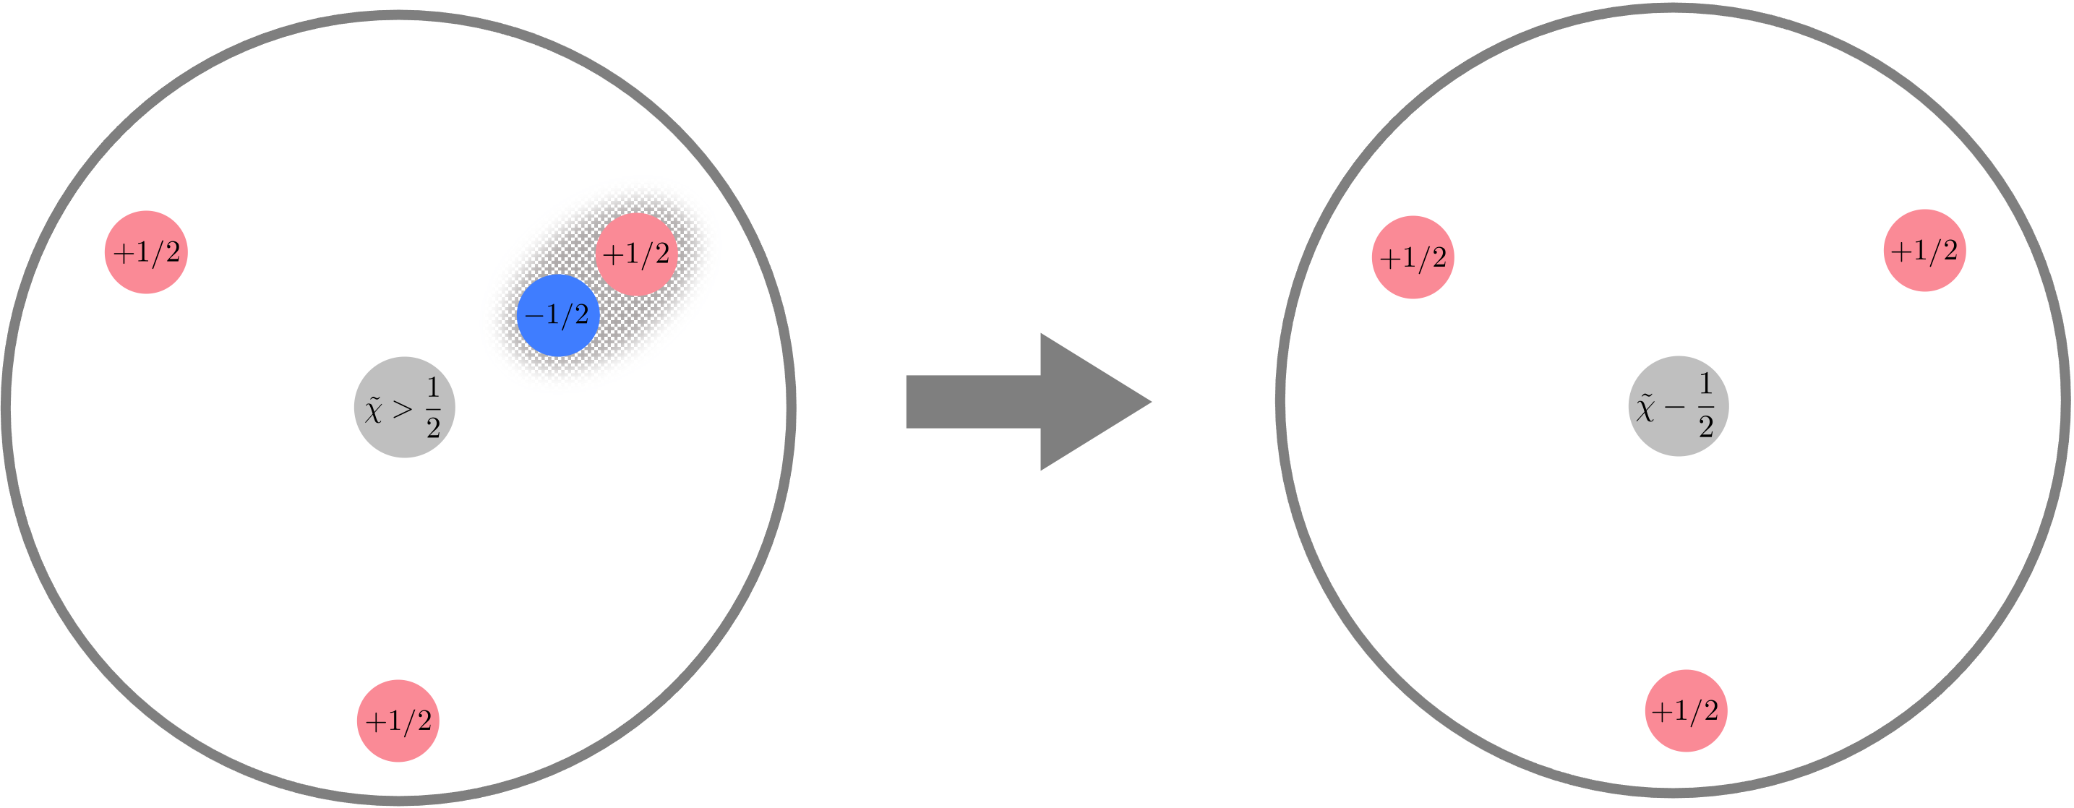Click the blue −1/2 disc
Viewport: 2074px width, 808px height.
pyautogui.click(x=557, y=316)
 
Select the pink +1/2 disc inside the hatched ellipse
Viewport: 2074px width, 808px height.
pyautogui.click(x=636, y=254)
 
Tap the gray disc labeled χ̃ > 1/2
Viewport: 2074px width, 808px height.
pyautogui.click(x=404, y=407)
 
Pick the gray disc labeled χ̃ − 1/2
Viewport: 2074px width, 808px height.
pyautogui.click(x=1678, y=406)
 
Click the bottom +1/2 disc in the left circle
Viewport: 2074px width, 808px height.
pyautogui.click(x=398, y=721)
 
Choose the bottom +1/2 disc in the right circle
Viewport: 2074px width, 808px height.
pyautogui.click(x=1685, y=710)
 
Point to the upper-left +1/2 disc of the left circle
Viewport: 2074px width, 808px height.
pyautogui.click(x=146, y=253)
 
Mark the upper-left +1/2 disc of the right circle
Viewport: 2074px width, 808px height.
pyautogui.click(x=1413, y=257)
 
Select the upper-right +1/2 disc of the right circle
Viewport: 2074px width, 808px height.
pyautogui.click(x=1924, y=251)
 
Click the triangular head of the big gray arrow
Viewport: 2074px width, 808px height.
pyautogui.click(x=1087, y=402)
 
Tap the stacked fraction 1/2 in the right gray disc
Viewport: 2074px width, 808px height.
pyautogui.click(x=1706, y=406)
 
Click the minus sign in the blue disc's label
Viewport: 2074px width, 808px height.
pyautogui.click(x=533, y=317)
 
